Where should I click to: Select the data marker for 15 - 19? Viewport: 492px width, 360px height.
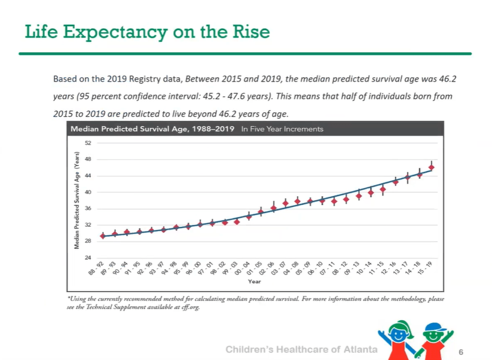[431, 167]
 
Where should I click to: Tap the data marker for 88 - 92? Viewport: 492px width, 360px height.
[103, 236]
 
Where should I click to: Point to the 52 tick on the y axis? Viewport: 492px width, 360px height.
[88, 143]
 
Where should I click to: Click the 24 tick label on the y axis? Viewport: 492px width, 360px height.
[88, 258]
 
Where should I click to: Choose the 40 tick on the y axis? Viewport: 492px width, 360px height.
[88, 192]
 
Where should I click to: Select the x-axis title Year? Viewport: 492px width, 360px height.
[254, 281]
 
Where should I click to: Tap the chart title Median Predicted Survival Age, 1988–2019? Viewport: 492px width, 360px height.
[150, 129]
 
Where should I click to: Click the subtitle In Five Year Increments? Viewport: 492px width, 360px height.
[282, 129]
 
